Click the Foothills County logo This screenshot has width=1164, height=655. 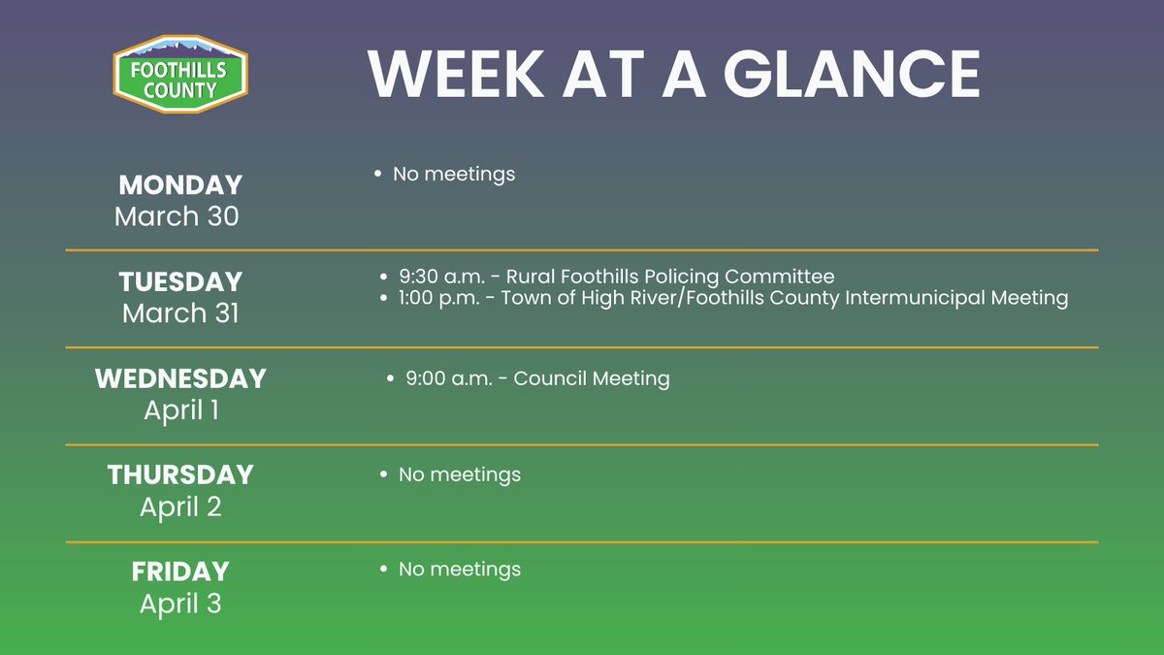180,75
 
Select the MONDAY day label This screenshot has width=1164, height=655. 180,184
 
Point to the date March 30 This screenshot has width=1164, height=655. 177,215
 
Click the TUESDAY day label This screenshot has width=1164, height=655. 180,281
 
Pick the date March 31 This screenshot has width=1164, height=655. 180,312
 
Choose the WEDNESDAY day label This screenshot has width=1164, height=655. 180,378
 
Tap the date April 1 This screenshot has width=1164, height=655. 181,409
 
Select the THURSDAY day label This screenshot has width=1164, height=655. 180,475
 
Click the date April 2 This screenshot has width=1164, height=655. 181,507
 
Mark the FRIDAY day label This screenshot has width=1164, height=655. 180,572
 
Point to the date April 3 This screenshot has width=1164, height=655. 181,604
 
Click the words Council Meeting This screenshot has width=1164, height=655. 592,377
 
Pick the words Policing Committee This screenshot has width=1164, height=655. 751,276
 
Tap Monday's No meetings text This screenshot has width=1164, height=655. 453,174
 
